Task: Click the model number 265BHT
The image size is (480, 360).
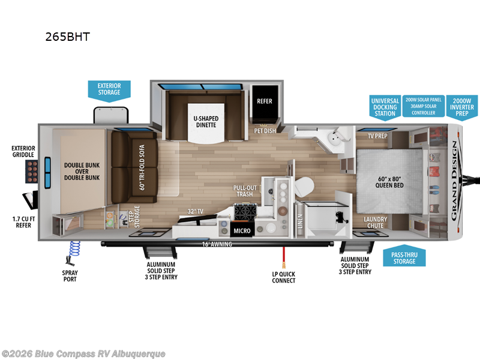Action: (67, 36)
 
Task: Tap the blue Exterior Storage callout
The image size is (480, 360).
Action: (109, 89)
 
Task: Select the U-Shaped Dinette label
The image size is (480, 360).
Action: (205, 122)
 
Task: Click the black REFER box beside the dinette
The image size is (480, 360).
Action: (264, 101)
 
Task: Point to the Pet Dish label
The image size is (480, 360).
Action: (265, 131)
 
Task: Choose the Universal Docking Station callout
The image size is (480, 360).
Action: (384, 107)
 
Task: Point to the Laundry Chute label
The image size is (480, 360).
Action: (376, 223)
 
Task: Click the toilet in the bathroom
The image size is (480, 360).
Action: (304, 186)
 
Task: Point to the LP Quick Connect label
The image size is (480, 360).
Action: (283, 277)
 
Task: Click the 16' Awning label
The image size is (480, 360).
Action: (216, 244)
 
